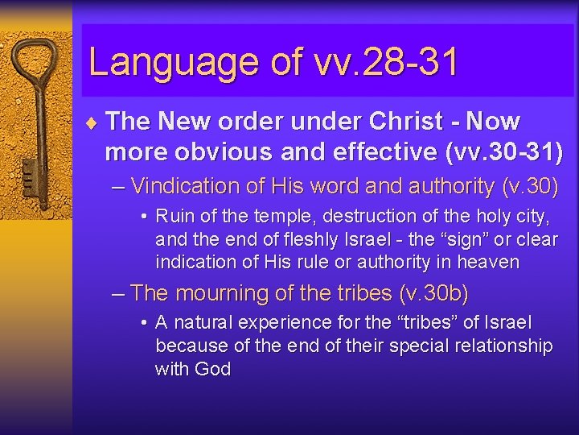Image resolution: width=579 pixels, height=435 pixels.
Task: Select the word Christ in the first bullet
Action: tap(406, 122)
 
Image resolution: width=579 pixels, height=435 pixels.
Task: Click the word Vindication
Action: tap(186, 186)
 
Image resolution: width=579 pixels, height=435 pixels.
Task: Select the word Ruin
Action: tap(174, 216)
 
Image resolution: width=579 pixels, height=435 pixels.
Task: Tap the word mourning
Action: tap(224, 293)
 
